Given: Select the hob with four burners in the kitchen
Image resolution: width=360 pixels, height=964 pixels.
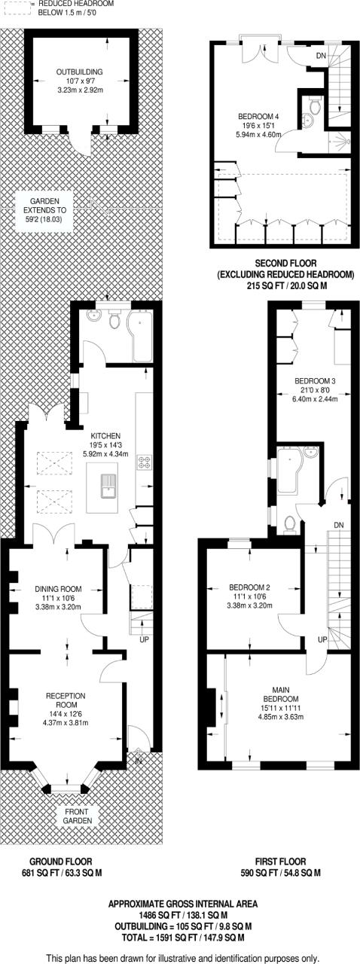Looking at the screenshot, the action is [x=145, y=462].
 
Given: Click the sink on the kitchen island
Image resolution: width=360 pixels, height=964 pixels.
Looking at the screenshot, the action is [x=108, y=486].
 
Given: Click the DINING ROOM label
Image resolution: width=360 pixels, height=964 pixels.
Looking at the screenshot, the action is [x=58, y=589].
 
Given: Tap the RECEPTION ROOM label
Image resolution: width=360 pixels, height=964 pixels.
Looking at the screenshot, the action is [x=66, y=700].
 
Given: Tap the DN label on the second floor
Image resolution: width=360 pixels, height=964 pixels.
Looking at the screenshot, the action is [x=322, y=56].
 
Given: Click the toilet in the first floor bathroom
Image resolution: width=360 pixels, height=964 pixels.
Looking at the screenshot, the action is [x=290, y=523].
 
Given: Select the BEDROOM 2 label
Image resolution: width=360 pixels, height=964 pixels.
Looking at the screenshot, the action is [x=249, y=587].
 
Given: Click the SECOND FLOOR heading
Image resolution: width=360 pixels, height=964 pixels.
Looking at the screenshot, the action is [x=285, y=263].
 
